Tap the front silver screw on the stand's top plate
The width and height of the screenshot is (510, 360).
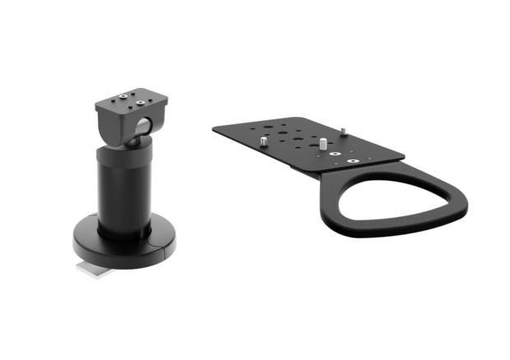pos(137,104)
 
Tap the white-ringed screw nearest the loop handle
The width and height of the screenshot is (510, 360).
pos(351,161)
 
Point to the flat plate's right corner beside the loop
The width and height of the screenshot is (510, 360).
pos(401,155)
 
